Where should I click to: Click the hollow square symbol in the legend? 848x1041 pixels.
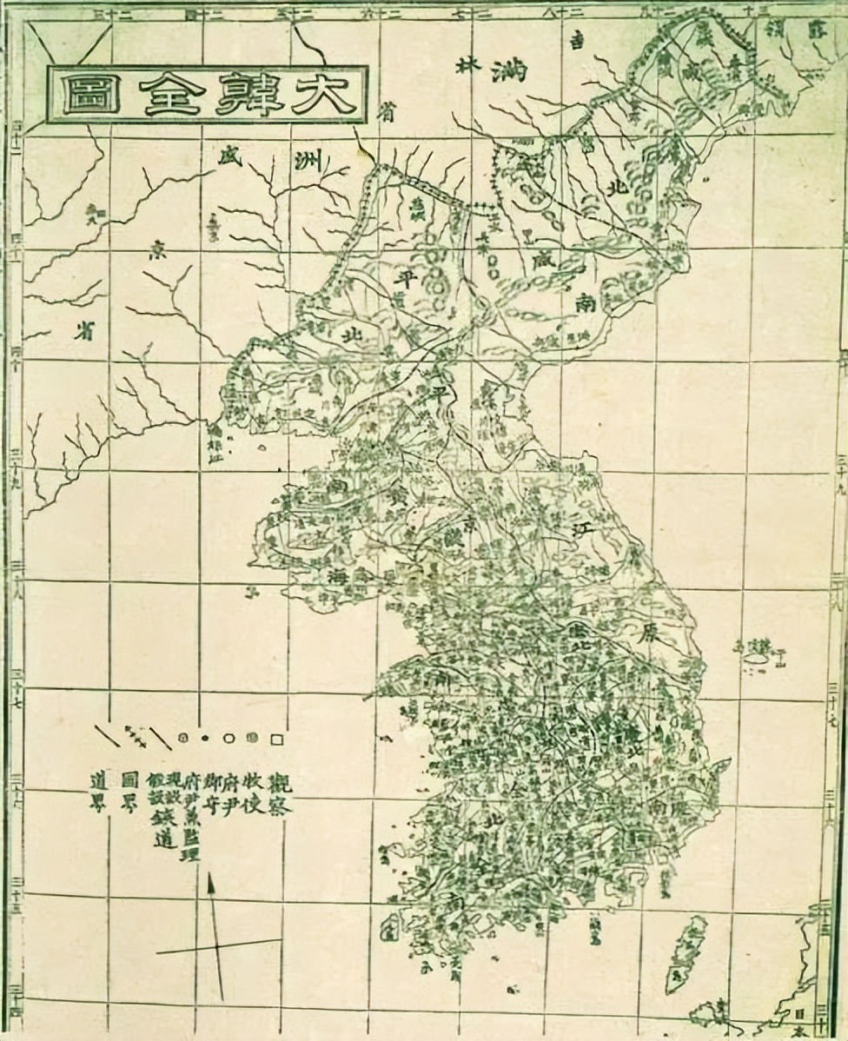[x=277, y=739]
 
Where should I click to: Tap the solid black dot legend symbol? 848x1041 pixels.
[x=205, y=739]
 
